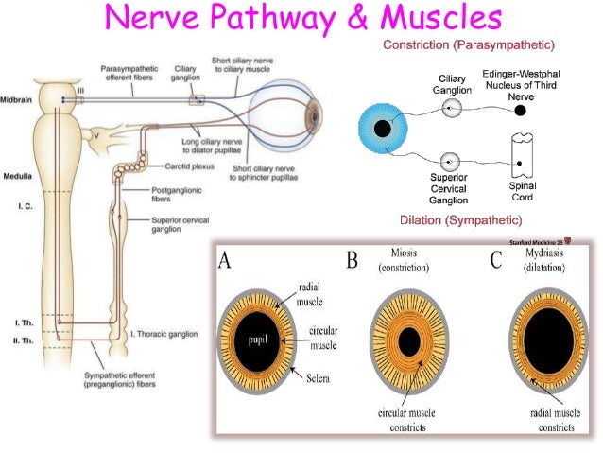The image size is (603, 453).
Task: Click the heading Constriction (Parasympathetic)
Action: click(468, 45)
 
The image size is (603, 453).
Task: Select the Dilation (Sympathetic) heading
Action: click(461, 220)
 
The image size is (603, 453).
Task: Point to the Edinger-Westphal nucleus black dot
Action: click(520, 110)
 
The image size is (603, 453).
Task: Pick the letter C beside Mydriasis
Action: click(496, 261)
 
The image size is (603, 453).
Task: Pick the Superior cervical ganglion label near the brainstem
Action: click(176, 225)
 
